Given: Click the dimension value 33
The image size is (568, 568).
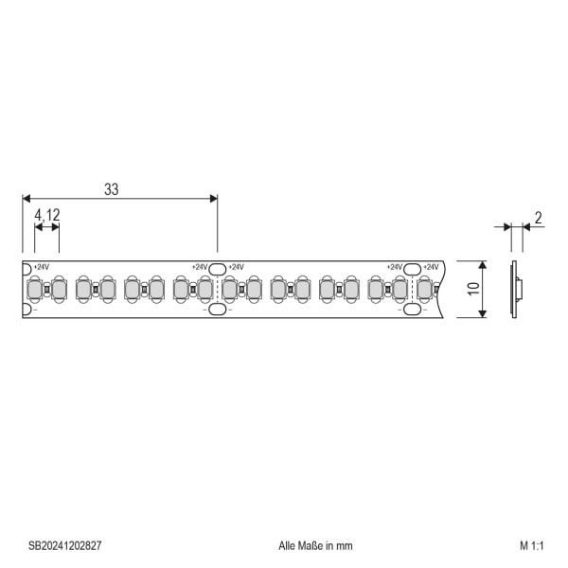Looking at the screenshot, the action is tap(111, 189).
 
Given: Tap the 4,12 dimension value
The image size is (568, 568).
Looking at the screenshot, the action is tap(47, 215).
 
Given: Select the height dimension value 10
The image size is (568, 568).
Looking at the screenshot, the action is tap(473, 289).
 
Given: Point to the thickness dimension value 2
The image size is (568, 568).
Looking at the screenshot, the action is tap(539, 218).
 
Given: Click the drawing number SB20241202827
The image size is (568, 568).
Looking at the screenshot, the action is tap(64, 545).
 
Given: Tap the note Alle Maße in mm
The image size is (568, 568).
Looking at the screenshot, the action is tap(315, 545).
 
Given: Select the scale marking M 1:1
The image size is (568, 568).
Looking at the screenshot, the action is tap(531, 545).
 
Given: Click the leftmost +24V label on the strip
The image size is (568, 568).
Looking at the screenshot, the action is tap(42, 267).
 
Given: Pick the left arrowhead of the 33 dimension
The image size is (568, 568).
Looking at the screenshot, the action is tap(27, 199).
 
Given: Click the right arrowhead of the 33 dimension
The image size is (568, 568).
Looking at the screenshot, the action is tap(214, 199).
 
